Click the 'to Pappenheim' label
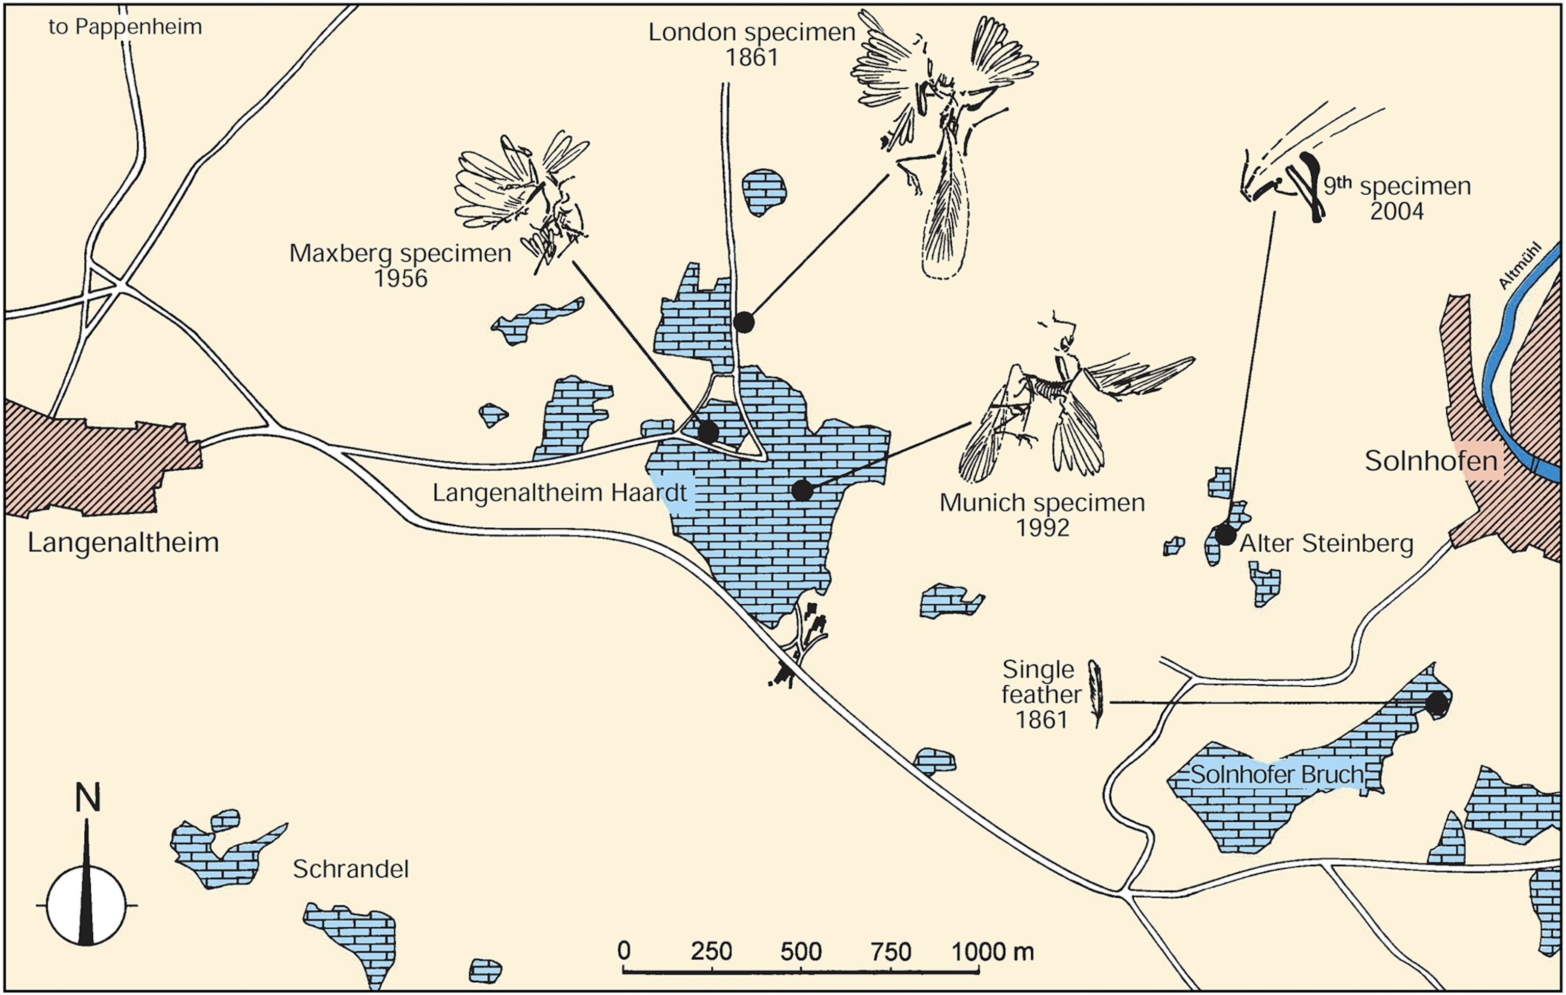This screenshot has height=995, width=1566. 125,26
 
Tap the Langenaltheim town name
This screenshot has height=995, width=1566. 123,543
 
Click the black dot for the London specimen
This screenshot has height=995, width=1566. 743,321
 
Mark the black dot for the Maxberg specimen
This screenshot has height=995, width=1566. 708,431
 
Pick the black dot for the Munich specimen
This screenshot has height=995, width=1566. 802,490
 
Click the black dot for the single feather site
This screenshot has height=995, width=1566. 1437,703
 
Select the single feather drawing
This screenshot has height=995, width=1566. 1097,693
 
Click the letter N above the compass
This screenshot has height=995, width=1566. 88,797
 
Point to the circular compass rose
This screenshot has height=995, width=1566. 86,905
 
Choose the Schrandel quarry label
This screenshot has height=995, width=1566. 351,869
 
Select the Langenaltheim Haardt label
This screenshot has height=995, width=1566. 559,493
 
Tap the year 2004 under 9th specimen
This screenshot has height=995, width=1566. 1397,211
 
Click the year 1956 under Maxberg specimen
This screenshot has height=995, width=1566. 401,279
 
